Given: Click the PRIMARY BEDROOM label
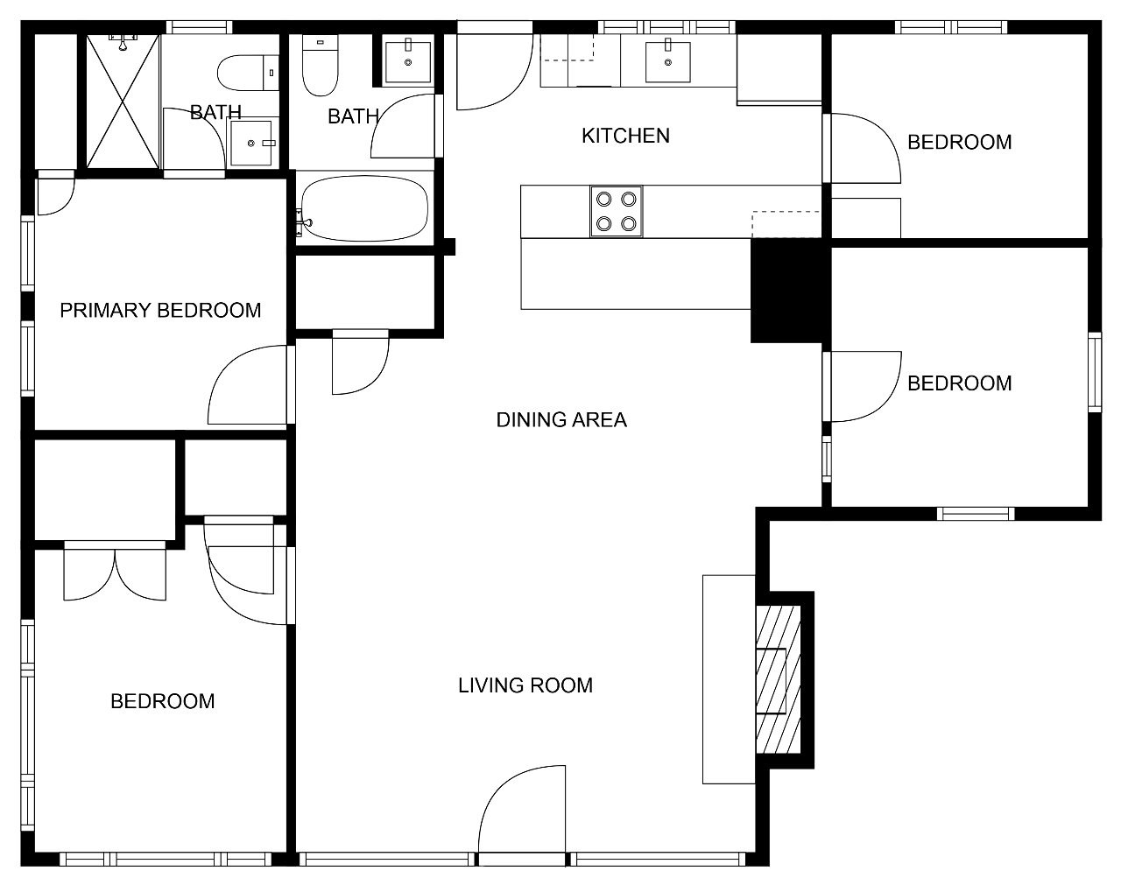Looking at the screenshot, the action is click(160, 311).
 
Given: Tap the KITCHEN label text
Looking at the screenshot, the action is click(625, 136).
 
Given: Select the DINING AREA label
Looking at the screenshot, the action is click(561, 419).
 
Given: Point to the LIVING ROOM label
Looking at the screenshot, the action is click(525, 685).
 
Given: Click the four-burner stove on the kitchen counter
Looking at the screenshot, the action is click(617, 212).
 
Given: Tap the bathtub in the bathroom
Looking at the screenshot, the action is click(364, 208).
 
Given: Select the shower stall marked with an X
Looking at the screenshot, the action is click(123, 102).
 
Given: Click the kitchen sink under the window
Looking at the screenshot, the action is click(668, 62).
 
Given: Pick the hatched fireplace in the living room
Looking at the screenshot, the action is click(779, 679).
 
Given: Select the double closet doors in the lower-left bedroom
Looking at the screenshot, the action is click(115, 571).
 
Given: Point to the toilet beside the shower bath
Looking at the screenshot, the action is click(248, 73).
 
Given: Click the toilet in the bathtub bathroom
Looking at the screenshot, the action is click(321, 65).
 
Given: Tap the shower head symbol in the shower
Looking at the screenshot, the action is click(123, 42).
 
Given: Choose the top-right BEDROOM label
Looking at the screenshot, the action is click(960, 142).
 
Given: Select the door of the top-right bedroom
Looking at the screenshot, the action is click(862, 149).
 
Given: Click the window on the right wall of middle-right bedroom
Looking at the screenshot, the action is click(1095, 372).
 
